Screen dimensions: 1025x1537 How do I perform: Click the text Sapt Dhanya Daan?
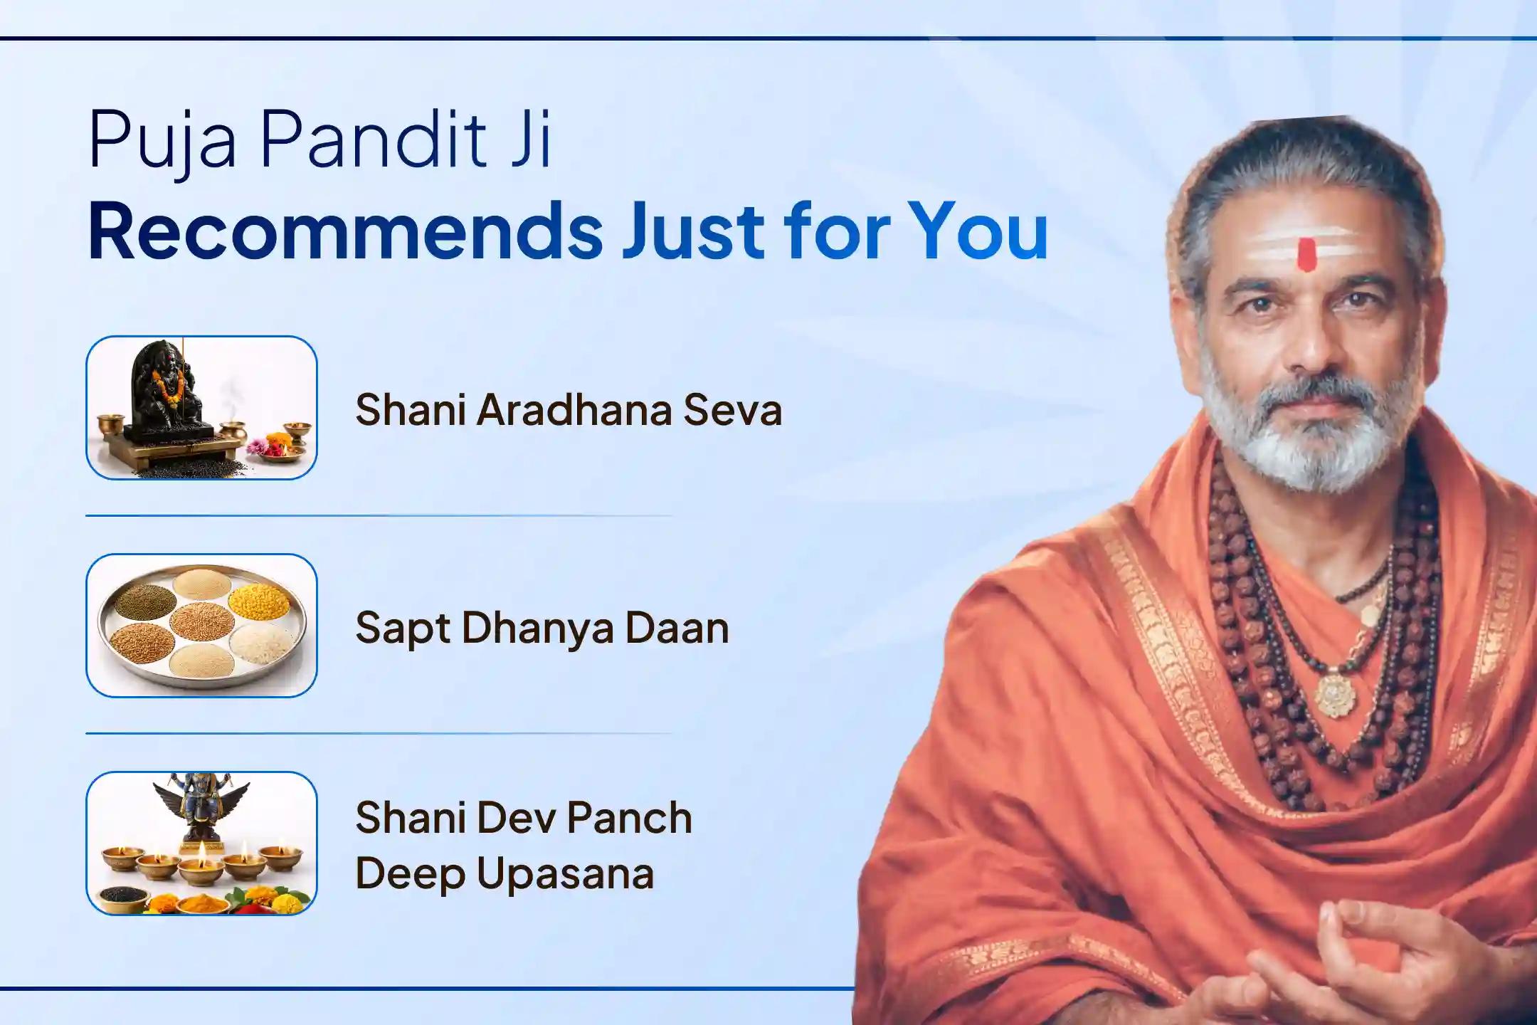coord(542,629)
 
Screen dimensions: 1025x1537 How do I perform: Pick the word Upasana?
coord(565,874)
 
